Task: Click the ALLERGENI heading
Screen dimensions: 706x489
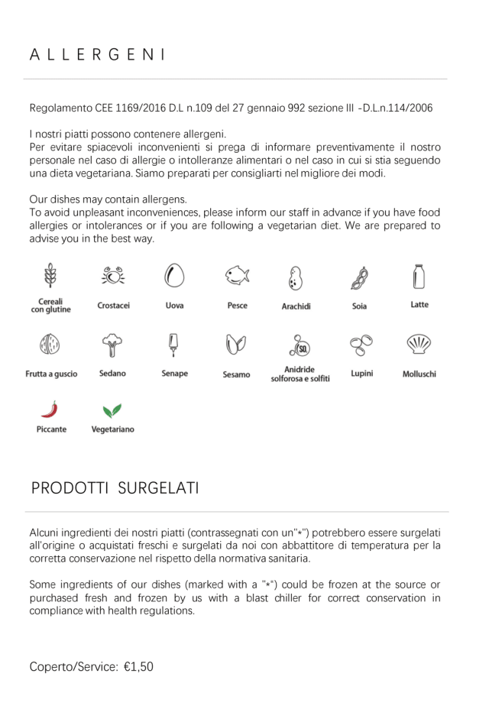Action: tap(98, 55)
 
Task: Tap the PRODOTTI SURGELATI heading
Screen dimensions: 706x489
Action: tap(115, 488)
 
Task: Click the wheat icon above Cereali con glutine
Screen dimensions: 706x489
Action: tap(51, 276)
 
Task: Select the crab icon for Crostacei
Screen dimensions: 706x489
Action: tap(113, 276)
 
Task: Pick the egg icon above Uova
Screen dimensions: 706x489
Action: tap(174, 276)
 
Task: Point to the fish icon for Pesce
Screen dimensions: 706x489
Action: tap(238, 276)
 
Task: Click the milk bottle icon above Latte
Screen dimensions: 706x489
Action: tap(419, 276)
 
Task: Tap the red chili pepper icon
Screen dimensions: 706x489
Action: tap(50, 409)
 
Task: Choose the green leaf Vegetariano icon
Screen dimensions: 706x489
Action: tap(112, 410)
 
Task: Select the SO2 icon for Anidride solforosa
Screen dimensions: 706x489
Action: tap(300, 346)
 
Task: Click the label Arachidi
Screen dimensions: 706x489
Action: tap(296, 306)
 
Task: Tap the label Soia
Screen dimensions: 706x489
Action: tap(359, 306)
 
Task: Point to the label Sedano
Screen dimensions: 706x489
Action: tap(112, 374)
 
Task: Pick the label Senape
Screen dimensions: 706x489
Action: tap(174, 374)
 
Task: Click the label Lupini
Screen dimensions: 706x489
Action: tap(361, 374)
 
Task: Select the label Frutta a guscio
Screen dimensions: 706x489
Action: tap(51, 374)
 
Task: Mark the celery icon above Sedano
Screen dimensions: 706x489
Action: tap(112, 345)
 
